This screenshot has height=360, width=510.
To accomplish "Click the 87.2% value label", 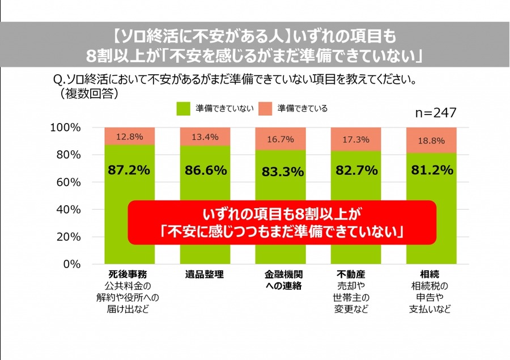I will coord(129,170).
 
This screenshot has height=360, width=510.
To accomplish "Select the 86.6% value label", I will coord(205,170).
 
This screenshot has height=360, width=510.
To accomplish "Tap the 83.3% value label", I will coord(280,171).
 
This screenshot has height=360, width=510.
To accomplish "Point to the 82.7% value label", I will coord(356,170).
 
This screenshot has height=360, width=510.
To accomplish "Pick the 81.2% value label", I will coord(432,170).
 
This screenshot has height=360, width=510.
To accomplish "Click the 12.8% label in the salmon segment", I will coord(129,137).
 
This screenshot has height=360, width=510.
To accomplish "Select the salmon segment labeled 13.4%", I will coord(205,137).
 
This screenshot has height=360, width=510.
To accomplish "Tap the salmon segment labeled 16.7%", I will coord(280,138).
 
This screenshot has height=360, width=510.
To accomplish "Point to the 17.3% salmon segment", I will coord(356,139).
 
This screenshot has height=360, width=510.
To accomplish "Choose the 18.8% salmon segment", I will coord(432,141).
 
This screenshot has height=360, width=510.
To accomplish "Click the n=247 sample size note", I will coord(435,113).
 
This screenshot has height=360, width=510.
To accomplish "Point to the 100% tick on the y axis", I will coord(66,128).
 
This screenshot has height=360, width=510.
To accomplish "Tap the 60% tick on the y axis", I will coord(69,182).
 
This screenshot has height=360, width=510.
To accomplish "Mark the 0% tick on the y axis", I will coord(71,264).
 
